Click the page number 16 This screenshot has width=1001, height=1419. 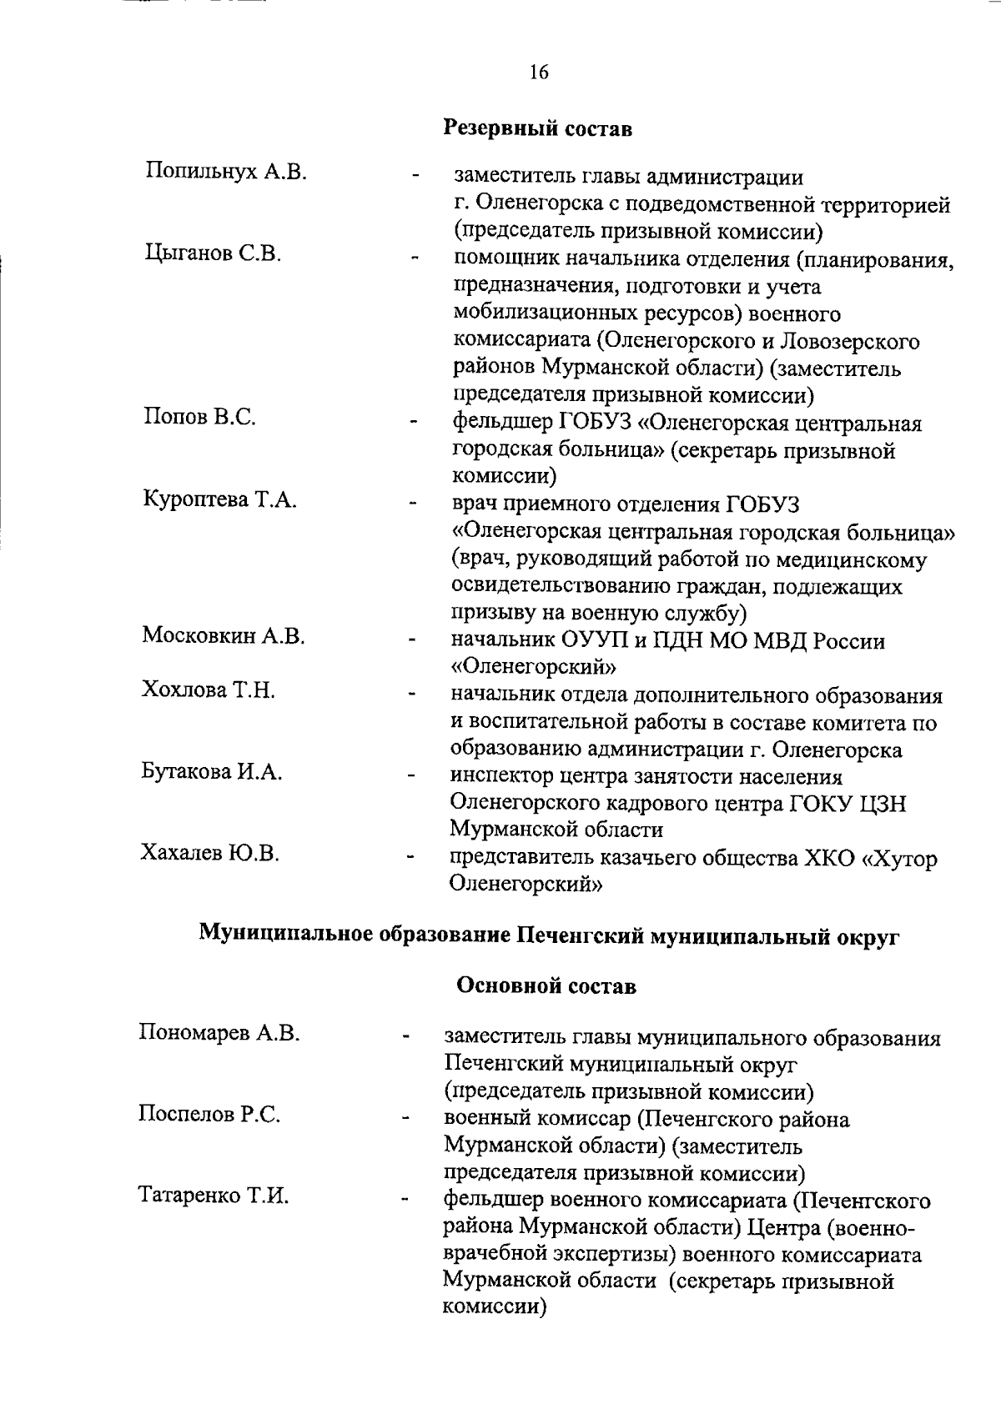pos(538,73)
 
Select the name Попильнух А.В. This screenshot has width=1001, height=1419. pos(226,173)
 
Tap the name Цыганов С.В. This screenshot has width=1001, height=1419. pos(212,253)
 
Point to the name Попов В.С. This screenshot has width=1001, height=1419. pos(199,417)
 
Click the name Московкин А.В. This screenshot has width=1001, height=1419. pos(223,636)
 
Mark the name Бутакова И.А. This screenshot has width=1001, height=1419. pos(212,772)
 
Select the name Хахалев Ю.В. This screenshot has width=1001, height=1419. pos(210,853)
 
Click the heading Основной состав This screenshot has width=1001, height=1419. pos(546,986)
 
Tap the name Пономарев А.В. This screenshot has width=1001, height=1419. pos(219,1033)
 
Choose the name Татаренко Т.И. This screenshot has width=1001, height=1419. pos(214,1196)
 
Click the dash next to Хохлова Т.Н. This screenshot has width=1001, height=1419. pos(410,694)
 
